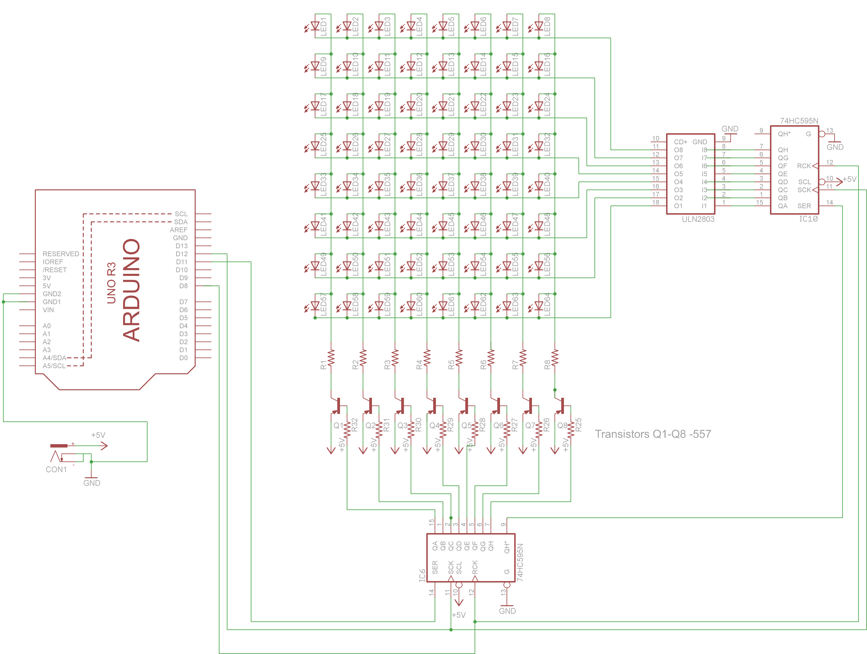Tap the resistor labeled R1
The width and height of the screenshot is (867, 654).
[x=331, y=358]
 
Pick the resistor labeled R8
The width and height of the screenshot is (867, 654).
[x=555, y=358]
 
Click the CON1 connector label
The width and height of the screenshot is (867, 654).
[x=56, y=469]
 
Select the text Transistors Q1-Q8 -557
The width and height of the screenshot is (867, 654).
[x=653, y=434]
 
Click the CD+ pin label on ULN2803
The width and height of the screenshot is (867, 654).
[x=680, y=142]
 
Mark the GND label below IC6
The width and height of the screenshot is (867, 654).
[x=507, y=611]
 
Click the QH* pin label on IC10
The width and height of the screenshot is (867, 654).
[x=784, y=134]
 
